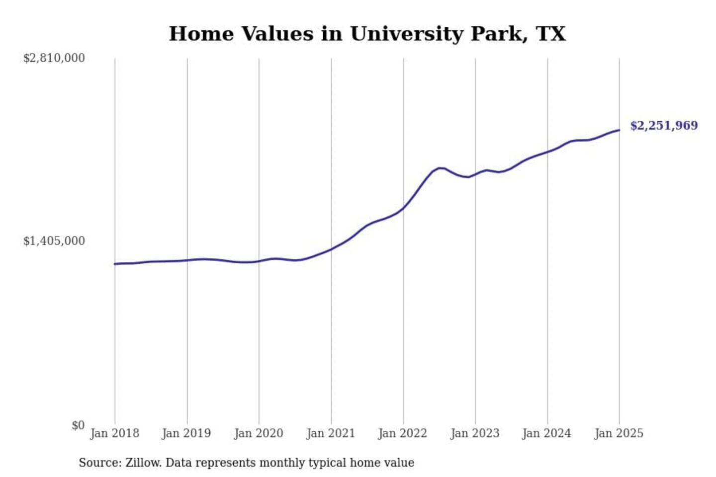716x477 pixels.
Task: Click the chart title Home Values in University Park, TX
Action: click(x=367, y=34)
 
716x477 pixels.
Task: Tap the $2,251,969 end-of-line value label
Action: click(x=664, y=125)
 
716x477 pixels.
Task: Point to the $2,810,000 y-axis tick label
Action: click(x=54, y=58)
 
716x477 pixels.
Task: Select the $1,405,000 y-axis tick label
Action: click(x=54, y=241)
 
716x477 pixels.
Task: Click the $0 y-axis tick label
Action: click(x=78, y=425)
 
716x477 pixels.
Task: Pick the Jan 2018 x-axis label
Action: click(x=114, y=433)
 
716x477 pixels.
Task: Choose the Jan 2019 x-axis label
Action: click(x=186, y=433)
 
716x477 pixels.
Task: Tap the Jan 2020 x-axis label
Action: click(x=259, y=433)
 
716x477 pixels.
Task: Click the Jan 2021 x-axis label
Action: click(x=331, y=433)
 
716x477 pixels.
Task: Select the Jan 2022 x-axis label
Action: click(x=403, y=433)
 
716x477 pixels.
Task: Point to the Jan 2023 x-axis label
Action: click(x=475, y=433)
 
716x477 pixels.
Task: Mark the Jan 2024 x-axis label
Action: click(x=547, y=433)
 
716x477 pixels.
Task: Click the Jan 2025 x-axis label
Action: click(x=619, y=433)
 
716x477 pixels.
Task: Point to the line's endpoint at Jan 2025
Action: click(x=619, y=130)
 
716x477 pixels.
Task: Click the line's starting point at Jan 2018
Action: click(x=115, y=264)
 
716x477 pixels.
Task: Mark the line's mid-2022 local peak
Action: click(x=440, y=168)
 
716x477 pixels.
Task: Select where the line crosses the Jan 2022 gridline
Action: click(x=403, y=208)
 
